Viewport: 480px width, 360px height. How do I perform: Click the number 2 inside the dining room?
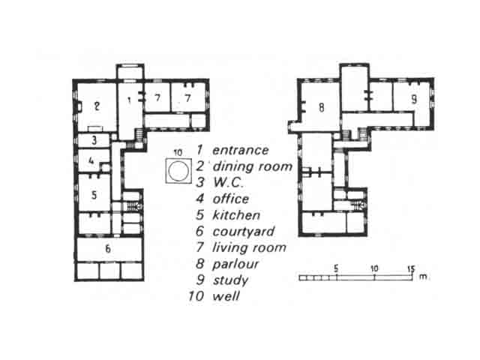pyautogui.click(x=97, y=106)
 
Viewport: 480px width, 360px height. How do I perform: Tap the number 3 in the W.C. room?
pyautogui.click(x=94, y=140)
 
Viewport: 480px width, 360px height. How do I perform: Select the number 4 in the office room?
pyautogui.click(x=91, y=160)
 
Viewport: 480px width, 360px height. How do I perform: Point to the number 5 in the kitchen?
pyautogui.click(x=94, y=195)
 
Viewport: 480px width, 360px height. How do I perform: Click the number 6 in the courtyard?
pyautogui.click(x=108, y=248)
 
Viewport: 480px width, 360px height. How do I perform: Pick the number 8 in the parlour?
pyautogui.click(x=321, y=107)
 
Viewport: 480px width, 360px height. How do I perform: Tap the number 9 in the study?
pyautogui.click(x=414, y=99)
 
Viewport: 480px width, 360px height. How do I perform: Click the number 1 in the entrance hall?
pyautogui.click(x=129, y=100)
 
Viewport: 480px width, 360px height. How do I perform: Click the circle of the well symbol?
pyautogui.click(x=178, y=171)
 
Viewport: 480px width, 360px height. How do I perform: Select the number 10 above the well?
pyautogui.click(x=178, y=152)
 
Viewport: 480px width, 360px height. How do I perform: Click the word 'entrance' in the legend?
pyautogui.click(x=240, y=150)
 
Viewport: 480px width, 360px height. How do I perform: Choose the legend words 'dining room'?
pyautogui.click(x=253, y=166)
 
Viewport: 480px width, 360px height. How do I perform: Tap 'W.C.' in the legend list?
pyautogui.click(x=228, y=183)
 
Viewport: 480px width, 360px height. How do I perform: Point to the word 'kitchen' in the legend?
pyautogui.click(x=236, y=215)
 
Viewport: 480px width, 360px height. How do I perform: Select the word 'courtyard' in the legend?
pyautogui.click(x=244, y=232)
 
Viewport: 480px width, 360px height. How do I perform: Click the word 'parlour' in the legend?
pyautogui.click(x=235, y=264)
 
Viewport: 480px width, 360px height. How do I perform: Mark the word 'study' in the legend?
pyautogui.click(x=230, y=280)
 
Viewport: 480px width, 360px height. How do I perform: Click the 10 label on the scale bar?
pyautogui.click(x=374, y=268)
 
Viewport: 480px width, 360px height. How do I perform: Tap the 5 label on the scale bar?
pyautogui.click(x=336, y=268)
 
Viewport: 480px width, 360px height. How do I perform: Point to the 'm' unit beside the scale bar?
pyautogui.click(x=423, y=277)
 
